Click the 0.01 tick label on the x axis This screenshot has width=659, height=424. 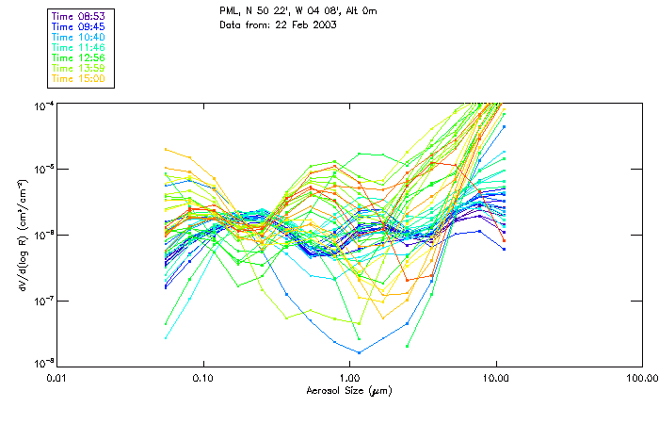(x=57, y=378)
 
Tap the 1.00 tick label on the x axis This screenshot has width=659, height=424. (x=350, y=378)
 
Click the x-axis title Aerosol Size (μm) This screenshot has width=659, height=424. (x=349, y=390)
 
